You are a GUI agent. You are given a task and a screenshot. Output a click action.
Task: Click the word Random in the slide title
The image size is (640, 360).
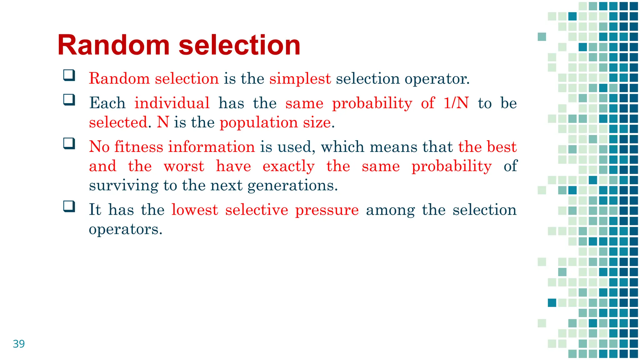[113, 45]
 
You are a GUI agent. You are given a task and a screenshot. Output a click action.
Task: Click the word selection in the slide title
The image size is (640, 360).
[239, 45]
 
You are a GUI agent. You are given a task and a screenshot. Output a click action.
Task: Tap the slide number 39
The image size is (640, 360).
[19, 344]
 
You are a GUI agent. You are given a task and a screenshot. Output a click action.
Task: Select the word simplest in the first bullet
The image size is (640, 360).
[300, 78]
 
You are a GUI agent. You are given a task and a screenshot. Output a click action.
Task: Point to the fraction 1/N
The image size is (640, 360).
[456, 103]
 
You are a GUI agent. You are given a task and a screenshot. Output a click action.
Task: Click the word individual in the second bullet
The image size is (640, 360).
[172, 103]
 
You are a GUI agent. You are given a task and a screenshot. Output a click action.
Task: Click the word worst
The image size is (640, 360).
[184, 166]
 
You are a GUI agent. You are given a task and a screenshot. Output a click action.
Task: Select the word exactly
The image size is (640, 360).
[288, 167]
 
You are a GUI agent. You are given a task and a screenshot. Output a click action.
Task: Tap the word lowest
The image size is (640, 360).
[195, 210]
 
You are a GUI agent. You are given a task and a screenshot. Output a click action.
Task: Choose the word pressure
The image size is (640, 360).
[327, 210]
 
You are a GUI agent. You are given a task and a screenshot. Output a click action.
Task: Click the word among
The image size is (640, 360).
[390, 210]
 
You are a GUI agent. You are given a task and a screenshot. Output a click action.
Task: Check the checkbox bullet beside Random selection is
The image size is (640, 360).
[69, 75]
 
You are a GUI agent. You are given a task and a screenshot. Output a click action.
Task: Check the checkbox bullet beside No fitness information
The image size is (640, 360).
[69, 144]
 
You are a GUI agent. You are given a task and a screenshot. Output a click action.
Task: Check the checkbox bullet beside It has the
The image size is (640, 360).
[69, 206]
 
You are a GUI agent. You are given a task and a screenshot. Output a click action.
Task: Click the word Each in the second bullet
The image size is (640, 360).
[107, 103]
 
